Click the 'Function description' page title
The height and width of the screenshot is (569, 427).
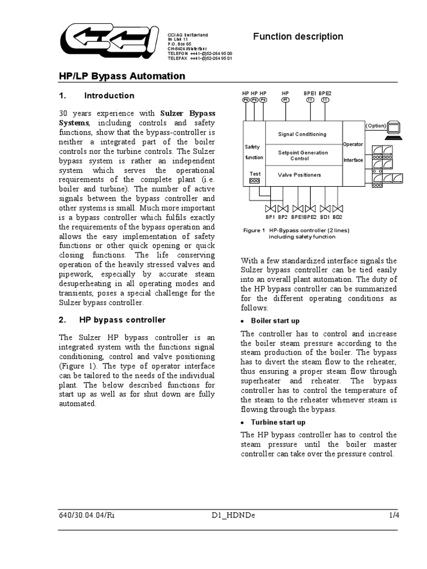click(298, 37)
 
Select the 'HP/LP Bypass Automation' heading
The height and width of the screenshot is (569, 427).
click(122, 76)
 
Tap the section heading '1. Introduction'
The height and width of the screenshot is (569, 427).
click(97, 96)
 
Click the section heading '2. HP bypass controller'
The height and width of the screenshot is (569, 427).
click(112, 320)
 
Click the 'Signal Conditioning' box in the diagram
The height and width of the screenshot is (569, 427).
click(302, 134)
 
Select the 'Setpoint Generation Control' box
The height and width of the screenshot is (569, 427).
click(303, 156)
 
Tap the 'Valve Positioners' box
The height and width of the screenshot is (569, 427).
click(300, 174)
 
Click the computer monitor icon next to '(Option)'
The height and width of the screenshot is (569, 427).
click(396, 128)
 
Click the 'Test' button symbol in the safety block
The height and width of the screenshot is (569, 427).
click(255, 181)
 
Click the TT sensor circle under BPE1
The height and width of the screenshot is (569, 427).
click(310, 100)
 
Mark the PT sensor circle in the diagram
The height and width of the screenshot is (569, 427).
click(285, 100)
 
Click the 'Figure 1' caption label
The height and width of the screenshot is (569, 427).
click(254, 230)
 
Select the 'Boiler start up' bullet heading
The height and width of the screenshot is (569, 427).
click(275, 321)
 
